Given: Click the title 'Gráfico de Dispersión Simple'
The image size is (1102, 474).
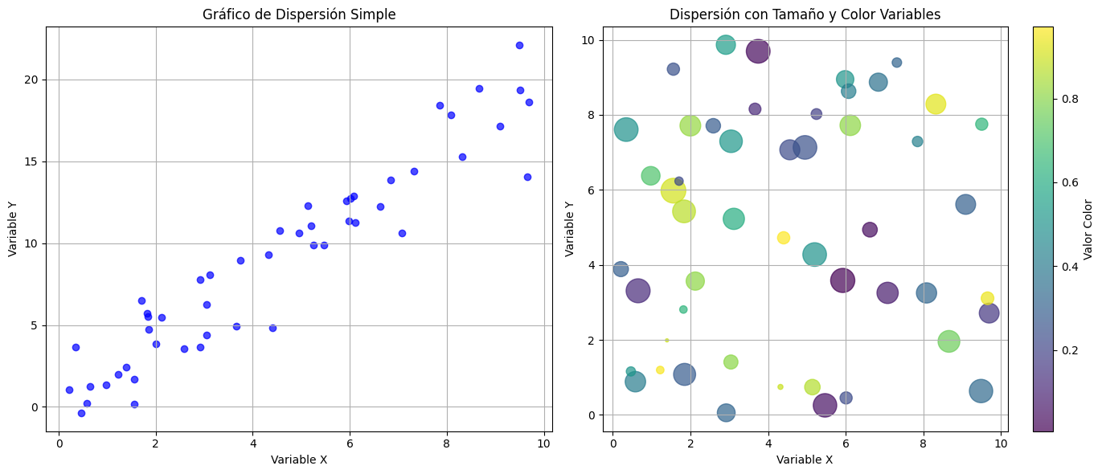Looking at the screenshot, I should [x=298, y=14].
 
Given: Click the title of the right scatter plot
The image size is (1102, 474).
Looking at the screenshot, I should [x=805, y=14].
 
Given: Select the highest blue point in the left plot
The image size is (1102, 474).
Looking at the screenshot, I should [x=519, y=45].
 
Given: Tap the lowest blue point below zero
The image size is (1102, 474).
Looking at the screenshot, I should [x=81, y=413].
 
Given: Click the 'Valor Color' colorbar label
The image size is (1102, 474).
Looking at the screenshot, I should [x=1088, y=229].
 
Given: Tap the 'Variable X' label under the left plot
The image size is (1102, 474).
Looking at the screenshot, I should [x=298, y=460].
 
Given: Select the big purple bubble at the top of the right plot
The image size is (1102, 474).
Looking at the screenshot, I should [x=758, y=51].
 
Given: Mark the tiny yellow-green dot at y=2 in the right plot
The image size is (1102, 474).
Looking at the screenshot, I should [x=666, y=340].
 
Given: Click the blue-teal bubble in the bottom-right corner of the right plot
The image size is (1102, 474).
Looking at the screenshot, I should [x=981, y=391].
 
